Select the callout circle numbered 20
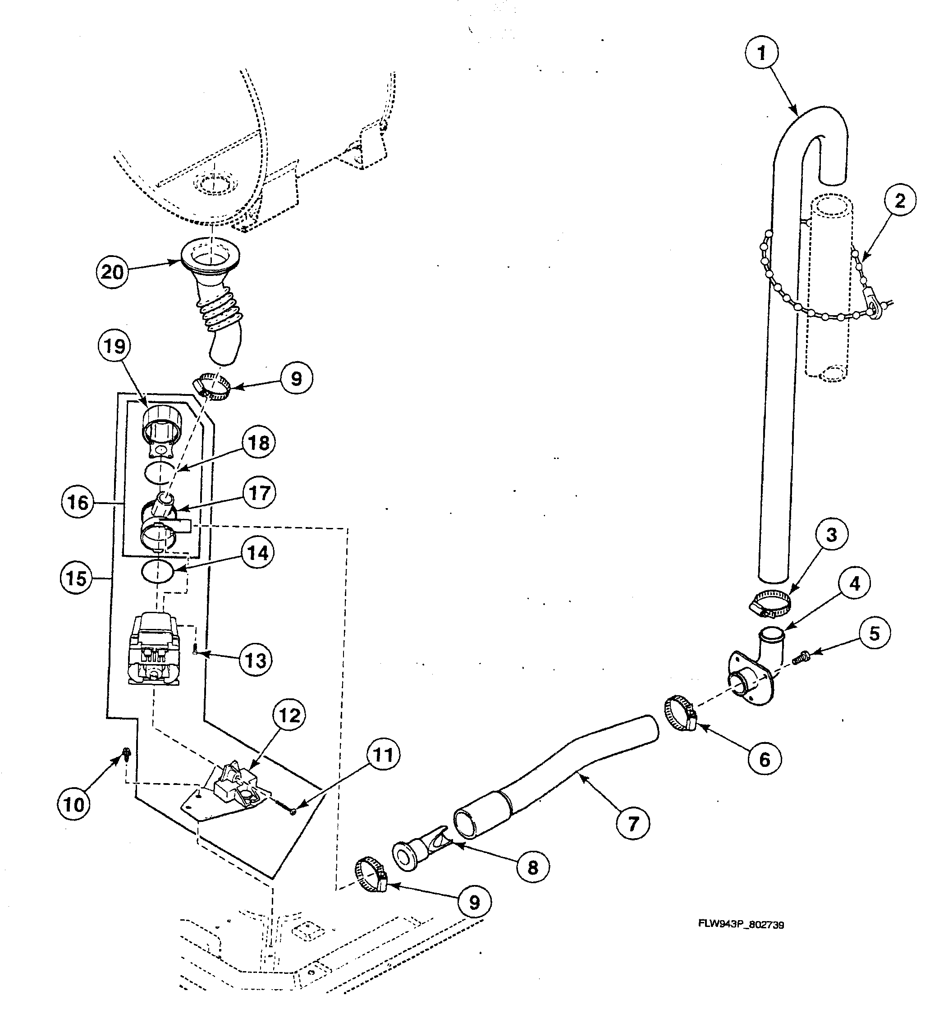(x=113, y=272)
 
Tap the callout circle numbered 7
(x=632, y=823)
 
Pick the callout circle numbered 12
(x=290, y=715)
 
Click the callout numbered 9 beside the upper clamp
(x=296, y=378)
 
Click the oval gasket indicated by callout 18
(x=160, y=473)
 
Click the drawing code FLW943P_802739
(x=741, y=925)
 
